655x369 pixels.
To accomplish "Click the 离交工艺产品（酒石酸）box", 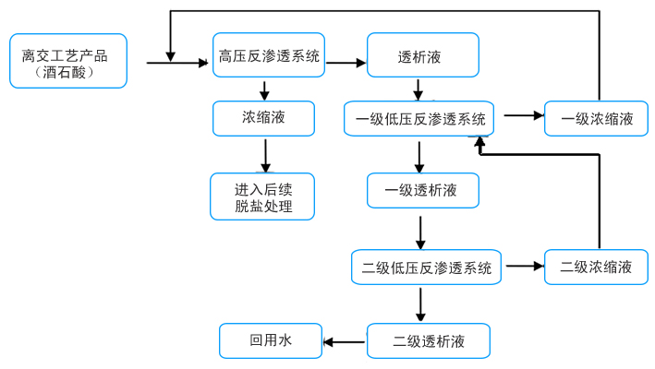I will click(x=67, y=62).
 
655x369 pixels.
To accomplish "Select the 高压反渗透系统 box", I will click(x=269, y=56).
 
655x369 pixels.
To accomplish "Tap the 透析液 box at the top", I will click(x=423, y=56).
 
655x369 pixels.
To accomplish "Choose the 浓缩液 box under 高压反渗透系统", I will click(x=264, y=118).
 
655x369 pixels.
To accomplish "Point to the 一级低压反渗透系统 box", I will click(x=419, y=118).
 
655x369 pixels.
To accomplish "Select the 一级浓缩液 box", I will click(x=599, y=118).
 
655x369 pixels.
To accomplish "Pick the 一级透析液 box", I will click(x=423, y=191).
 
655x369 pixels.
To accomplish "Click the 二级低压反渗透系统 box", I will click(x=426, y=268).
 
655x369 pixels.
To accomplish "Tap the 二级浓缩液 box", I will click(x=597, y=267).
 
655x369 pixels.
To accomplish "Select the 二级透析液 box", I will click(x=428, y=341).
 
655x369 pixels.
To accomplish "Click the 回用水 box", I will click(x=270, y=340).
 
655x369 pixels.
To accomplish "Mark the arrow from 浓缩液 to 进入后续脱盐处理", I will click(x=266, y=155).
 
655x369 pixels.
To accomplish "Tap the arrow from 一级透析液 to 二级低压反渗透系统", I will click(x=421, y=232).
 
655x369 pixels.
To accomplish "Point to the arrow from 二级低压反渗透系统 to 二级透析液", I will click(x=421, y=304).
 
